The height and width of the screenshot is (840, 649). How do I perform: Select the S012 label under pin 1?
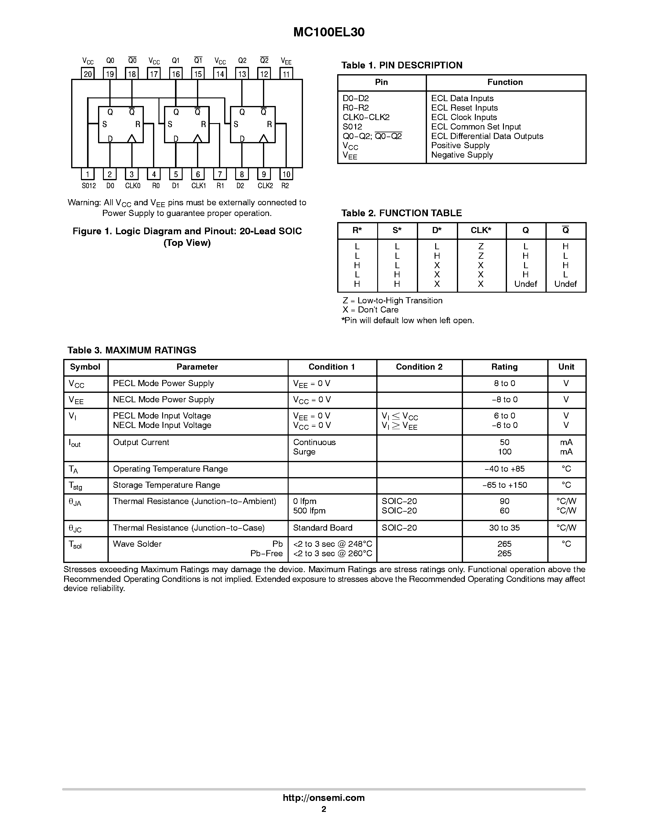[x=89, y=186]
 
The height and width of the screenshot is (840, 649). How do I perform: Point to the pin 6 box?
[x=198, y=174]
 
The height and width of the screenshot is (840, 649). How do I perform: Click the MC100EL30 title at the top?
[x=329, y=32]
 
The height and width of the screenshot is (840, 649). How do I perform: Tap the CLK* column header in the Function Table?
[x=481, y=230]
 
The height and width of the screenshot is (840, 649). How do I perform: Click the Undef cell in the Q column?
[x=525, y=284]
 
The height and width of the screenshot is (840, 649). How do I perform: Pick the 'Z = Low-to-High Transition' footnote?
[x=392, y=300]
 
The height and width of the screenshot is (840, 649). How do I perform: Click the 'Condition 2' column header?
[x=419, y=367]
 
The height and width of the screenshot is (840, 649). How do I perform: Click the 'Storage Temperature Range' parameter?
[x=166, y=485]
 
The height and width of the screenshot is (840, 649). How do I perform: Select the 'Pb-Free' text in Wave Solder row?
[x=266, y=553]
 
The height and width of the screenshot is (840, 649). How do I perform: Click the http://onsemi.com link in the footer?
[x=324, y=798]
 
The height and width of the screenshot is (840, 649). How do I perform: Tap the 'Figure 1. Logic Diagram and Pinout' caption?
[x=187, y=231]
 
